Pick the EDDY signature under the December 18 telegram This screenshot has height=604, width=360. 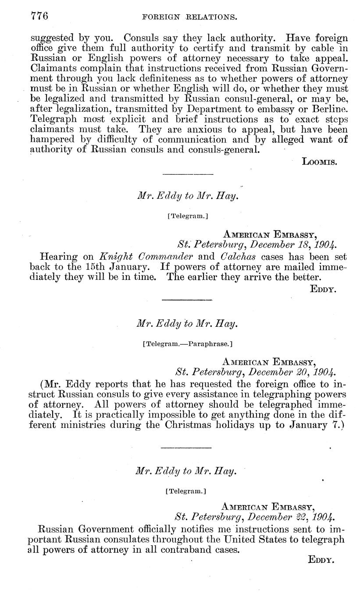[x=323, y=289]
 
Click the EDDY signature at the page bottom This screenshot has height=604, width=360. [x=322, y=559]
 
